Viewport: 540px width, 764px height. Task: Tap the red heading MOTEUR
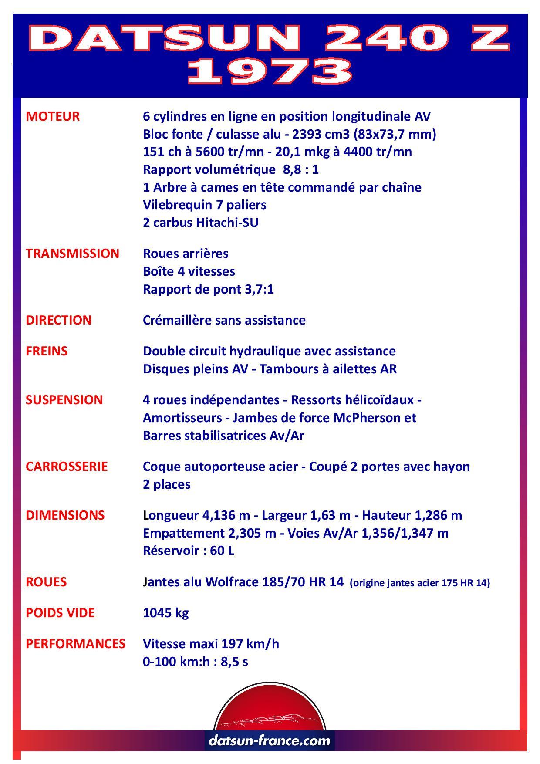pos(53,116)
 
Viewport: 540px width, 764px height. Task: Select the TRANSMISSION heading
pos(72,254)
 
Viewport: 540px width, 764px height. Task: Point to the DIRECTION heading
pos(59,320)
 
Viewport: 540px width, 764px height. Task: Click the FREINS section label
pos(47,351)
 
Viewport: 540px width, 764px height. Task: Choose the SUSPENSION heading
pos(64,400)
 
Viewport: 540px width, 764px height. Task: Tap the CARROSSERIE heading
pos(67,467)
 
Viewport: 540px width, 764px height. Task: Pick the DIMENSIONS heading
pos(65,515)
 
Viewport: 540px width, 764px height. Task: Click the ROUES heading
pos(46,582)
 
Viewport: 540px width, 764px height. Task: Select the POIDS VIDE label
pos(60,613)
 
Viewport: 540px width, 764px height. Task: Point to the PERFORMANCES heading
pos(75,644)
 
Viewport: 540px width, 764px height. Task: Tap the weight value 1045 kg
pos(165,613)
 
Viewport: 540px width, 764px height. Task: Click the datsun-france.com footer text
pos(270,740)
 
